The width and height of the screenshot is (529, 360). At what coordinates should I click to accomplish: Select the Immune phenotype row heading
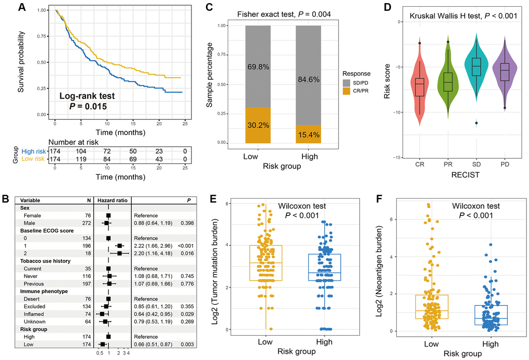click(x=44, y=291)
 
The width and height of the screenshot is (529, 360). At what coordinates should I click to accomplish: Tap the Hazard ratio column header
click(x=112, y=200)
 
